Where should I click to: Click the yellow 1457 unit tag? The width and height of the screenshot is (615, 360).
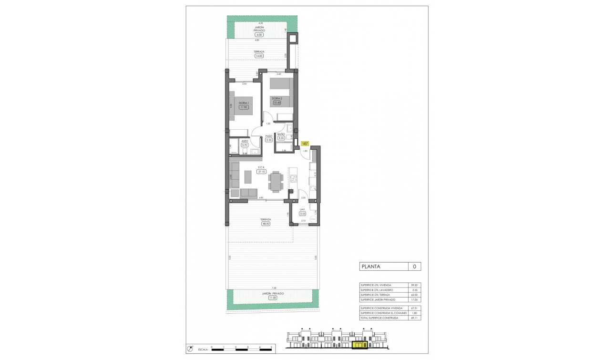pos(305,143)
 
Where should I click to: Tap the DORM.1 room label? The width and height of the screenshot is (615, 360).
pos(244,103)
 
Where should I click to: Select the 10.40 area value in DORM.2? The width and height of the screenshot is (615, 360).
pos(277,102)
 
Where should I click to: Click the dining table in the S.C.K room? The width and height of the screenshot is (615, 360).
pos(275,181)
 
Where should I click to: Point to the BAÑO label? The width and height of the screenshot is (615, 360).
pos(281,134)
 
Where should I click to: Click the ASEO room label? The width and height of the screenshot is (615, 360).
pos(245,141)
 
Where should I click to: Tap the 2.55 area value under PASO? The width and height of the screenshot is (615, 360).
pos(268,140)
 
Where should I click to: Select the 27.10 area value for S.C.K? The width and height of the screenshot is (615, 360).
pos(261,171)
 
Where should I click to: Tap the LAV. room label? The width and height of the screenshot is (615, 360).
pos(302,209)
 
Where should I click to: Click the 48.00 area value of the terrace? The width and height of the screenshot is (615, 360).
pos(265,224)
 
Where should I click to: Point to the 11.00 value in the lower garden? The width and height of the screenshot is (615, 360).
pos(273,298)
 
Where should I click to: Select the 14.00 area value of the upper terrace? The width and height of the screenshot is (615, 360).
pos(259,56)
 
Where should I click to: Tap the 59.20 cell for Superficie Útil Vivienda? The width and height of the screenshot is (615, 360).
pos(414,285)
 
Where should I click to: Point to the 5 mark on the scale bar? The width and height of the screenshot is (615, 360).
pos(271,348)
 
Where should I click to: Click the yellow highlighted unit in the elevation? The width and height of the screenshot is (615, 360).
pos(359,344)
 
